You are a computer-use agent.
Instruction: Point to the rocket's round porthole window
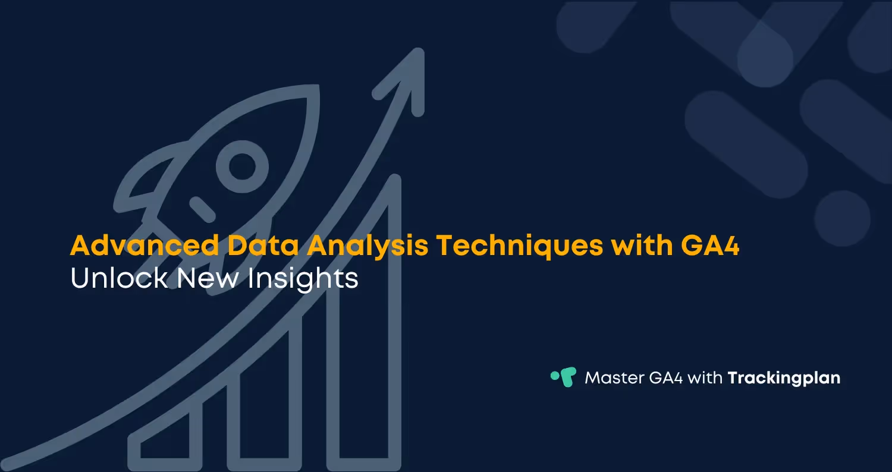(x=241, y=166)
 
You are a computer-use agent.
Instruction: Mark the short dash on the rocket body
(x=202, y=209)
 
